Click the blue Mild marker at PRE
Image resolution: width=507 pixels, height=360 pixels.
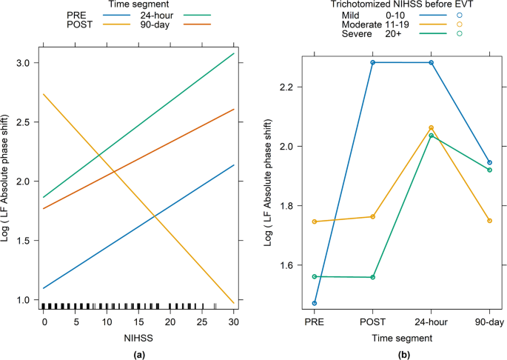coord(315,303)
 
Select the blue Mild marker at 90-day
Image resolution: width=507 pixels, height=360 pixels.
coord(490,162)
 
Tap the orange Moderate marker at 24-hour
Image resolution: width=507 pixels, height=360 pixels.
coord(432,127)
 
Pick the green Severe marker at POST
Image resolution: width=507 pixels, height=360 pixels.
coord(373,277)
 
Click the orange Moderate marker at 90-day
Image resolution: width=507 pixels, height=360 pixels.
coord(490,221)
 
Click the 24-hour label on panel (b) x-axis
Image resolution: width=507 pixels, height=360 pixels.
coord(432,323)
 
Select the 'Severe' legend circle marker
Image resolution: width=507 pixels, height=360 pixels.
coord(460,33)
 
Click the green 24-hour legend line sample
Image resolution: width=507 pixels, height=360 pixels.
coord(190,14)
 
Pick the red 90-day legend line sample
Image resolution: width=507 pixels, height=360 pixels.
coord(190,24)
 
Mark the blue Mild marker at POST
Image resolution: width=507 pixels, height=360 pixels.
coord(373,62)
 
